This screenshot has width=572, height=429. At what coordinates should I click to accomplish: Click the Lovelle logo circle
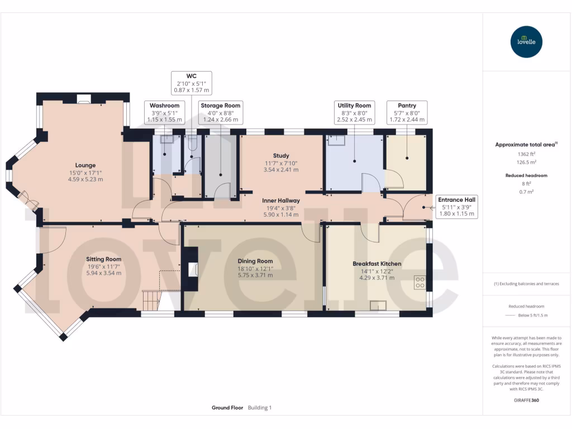pyautogui.click(x=527, y=42)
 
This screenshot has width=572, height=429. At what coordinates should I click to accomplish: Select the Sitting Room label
pyautogui.click(x=103, y=259)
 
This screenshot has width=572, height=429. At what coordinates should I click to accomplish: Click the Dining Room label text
pyautogui.click(x=255, y=261)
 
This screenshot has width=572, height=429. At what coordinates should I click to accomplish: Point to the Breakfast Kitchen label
pyautogui.click(x=376, y=264)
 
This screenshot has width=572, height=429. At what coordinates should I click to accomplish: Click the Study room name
pyautogui.click(x=280, y=156)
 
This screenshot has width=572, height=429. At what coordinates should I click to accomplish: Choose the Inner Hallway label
pyautogui.click(x=282, y=201)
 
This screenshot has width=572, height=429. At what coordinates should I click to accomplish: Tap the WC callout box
pyautogui.click(x=191, y=82)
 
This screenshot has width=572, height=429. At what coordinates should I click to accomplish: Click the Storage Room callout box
pyautogui.click(x=221, y=112)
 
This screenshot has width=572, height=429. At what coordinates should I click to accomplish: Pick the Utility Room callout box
pyautogui.click(x=354, y=112)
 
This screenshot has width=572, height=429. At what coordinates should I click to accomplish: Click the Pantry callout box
pyautogui.click(x=407, y=112)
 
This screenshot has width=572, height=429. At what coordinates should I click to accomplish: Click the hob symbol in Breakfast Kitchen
pyautogui.click(x=420, y=283)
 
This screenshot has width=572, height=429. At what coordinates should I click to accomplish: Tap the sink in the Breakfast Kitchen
pyautogui.click(x=378, y=305)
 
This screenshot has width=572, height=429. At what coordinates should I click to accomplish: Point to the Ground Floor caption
pyautogui.click(x=227, y=408)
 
